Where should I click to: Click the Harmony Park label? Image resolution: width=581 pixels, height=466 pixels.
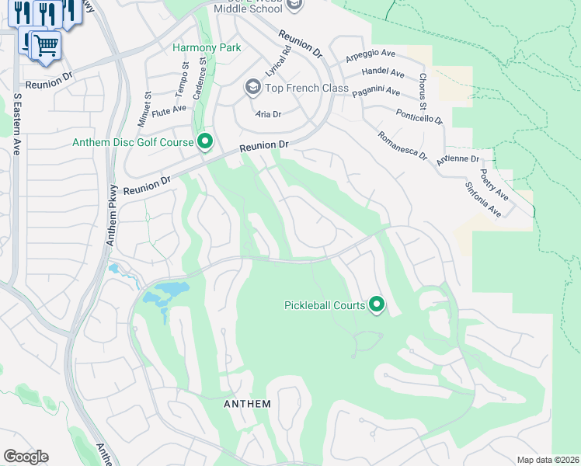coord(206,47)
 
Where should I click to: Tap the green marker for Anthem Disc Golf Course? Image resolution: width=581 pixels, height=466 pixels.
coord(205,141)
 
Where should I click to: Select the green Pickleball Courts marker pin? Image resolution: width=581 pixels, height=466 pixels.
coord(377,304)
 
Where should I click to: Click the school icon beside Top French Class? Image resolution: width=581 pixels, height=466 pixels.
coord(252,87)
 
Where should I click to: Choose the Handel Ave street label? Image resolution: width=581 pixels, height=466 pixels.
coord(383,73)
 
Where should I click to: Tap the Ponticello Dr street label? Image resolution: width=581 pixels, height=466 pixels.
coord(417,115)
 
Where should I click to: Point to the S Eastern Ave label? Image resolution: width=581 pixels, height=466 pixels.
coord(16,124)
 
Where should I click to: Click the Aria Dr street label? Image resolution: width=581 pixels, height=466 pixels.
coord(267,113)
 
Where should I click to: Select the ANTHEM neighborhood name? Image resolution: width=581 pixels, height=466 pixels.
coord(247,404)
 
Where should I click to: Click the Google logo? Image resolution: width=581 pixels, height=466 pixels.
coord(26,457)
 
